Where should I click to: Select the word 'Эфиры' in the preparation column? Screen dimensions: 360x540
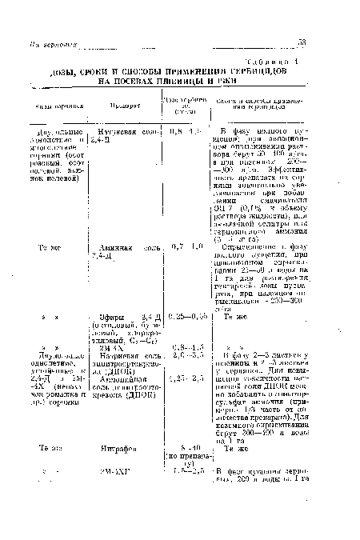110,317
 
